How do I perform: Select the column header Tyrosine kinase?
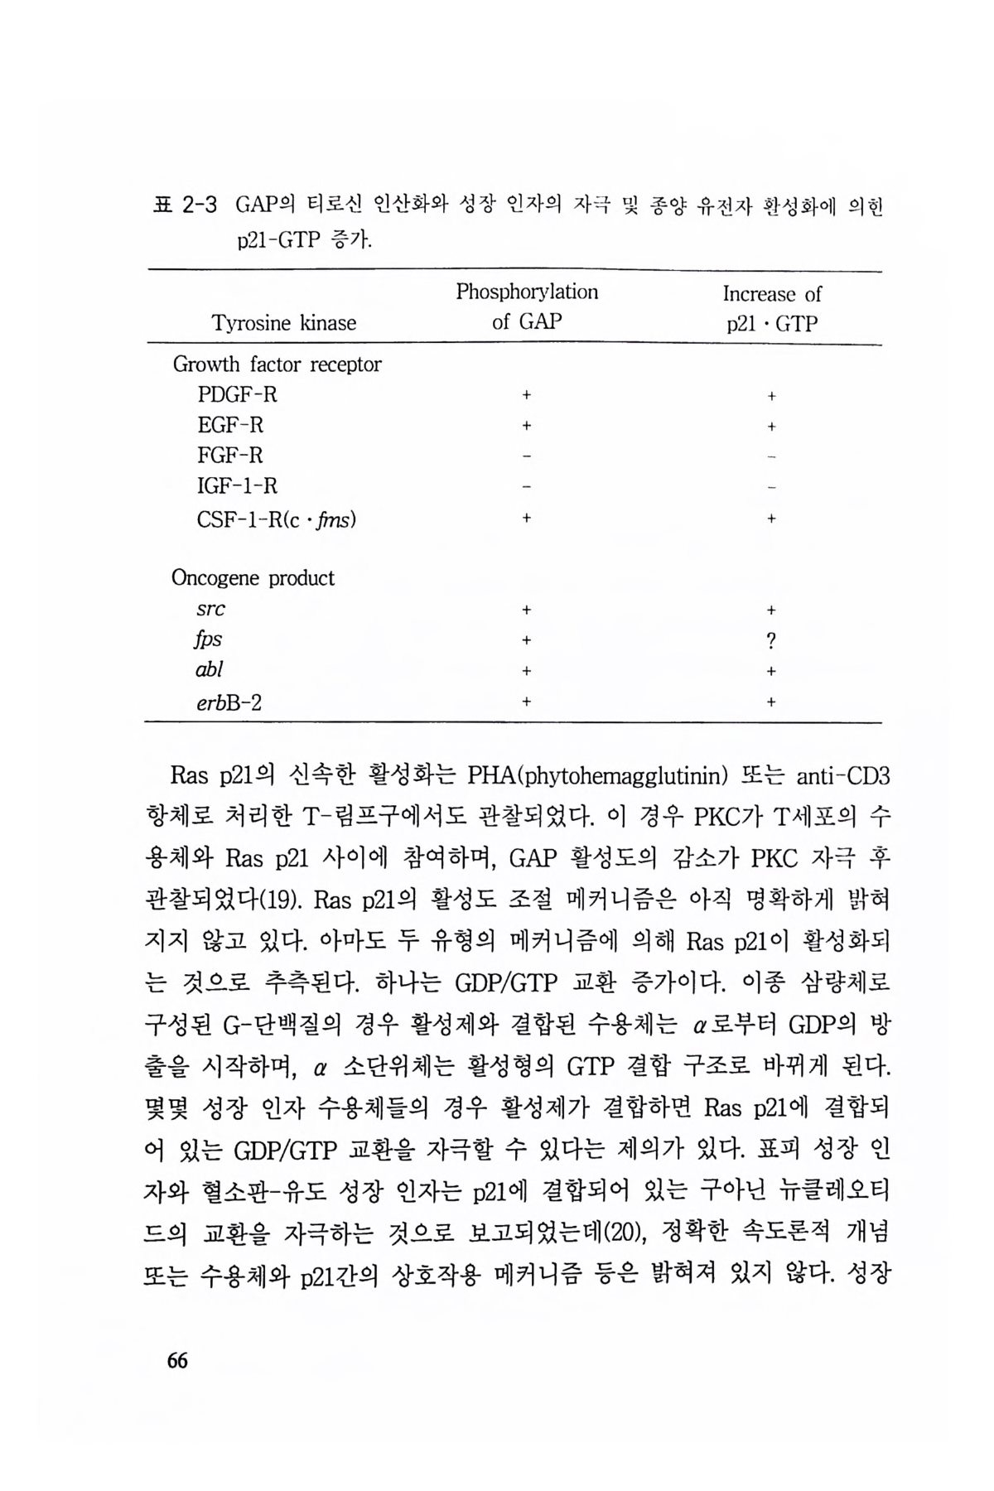(284, 323)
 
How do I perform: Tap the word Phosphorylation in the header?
(526, 292)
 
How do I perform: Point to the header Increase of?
(771, 294)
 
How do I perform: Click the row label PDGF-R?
(237, 395)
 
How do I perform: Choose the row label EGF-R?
(230, 426)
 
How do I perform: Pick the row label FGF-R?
(230, 456)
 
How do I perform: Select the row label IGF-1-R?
(237, 486)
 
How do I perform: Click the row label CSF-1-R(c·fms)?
(277, 519)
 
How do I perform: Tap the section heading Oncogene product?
(253, 578)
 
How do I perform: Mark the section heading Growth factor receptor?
(277, 364)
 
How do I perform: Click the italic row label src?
(210, 610)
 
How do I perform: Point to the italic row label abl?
(209, 669)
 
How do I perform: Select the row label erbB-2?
(229, 702)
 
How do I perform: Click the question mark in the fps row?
(771, 640)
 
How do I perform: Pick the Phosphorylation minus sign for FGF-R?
(526, 456)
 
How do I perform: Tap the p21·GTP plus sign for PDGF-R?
(771, 397)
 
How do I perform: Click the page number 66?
(177, 1360)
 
